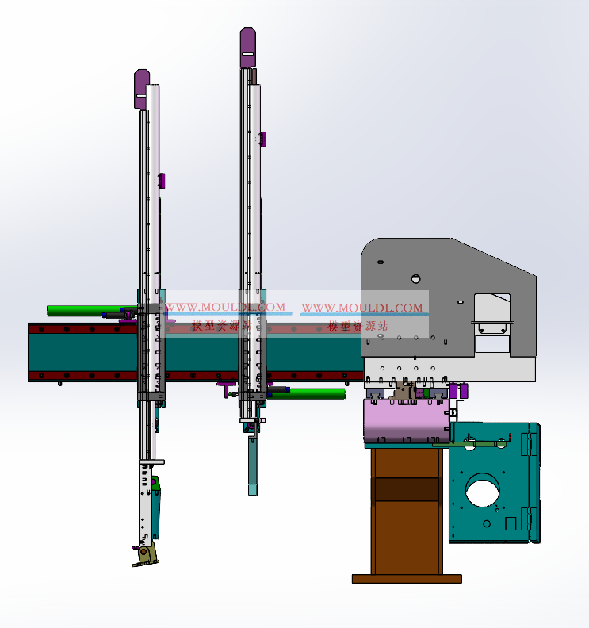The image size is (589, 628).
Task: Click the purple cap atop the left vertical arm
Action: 140,89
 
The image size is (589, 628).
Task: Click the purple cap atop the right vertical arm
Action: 248,48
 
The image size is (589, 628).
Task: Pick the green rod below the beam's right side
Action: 307,394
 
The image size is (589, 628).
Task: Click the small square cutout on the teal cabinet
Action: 511,523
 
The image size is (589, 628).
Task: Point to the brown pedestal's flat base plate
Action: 407,579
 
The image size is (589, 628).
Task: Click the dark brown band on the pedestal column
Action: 406,489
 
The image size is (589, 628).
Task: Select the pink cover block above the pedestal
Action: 407,420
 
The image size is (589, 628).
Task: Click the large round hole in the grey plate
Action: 416,279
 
